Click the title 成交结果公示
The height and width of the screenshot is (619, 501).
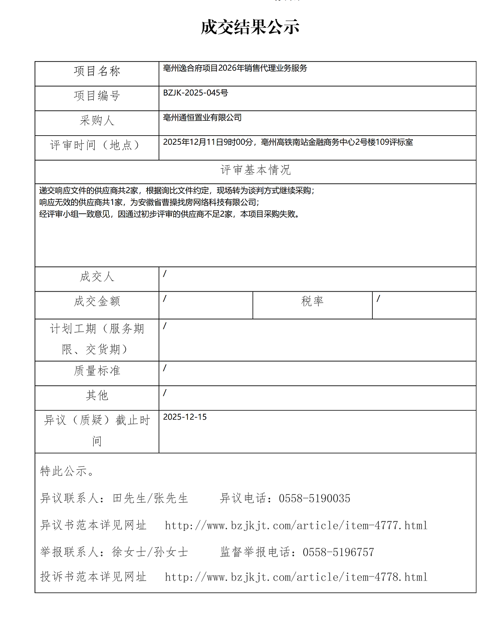coord(250,27)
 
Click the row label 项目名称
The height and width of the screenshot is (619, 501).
coord(97,72)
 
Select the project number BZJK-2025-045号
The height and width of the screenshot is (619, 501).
coord(195,93)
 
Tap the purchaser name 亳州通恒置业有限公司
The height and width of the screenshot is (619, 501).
coord(202,118)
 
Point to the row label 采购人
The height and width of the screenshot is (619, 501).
coord(97,121)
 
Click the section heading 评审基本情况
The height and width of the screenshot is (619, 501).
coord(256,170)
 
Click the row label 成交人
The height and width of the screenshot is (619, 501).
coord(97,277)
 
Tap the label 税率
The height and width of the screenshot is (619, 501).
coord(312,301)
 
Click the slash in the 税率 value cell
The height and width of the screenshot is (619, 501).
coord(378,298)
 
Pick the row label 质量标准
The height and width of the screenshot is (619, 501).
coord(97,371)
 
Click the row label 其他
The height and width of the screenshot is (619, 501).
coord(97,396)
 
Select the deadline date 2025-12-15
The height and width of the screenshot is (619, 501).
coord(185,417)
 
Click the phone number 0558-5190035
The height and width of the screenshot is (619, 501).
coord(315,499)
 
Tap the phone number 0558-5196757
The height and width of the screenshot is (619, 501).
coord(338,552)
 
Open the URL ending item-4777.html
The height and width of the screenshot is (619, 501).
coord(296,526)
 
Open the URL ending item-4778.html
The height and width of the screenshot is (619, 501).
coord(296,577)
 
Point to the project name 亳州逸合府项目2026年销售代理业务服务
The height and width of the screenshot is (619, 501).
coord(235,69)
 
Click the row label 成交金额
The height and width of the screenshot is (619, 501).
coord(97,301)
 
